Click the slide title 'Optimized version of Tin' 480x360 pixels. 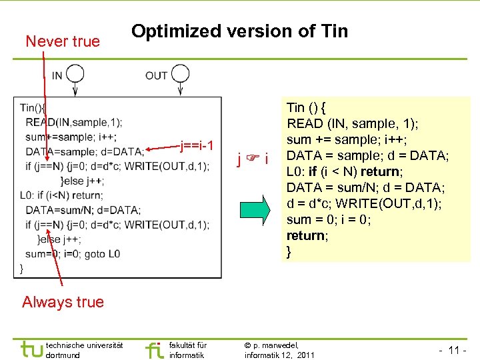click(x=239, y=31)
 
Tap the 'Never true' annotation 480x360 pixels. click(x=62, y=41)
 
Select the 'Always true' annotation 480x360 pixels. click(x=63, y=302)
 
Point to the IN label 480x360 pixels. click(x=57, y=75)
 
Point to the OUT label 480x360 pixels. click(x=157, y=75)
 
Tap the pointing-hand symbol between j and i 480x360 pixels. click(x=252, y=159)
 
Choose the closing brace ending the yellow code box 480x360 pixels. click(x=289, y=252)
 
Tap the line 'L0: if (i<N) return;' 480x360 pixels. click(x=61, y=195)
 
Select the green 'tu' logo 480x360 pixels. click(x=32, y=349)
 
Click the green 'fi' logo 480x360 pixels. click(x=154, y=349)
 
